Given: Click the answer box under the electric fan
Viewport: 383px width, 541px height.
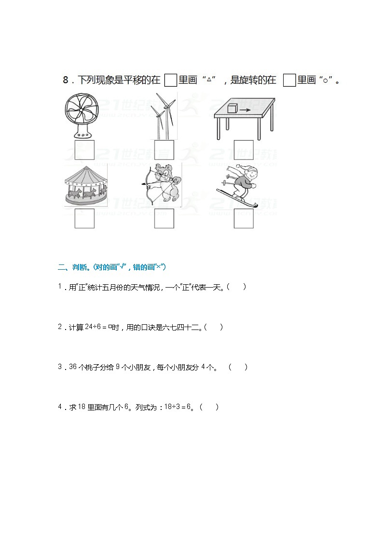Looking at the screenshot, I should (x=84, y=149).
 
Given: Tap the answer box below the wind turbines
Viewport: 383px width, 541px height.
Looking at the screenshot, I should (x=164, y=149).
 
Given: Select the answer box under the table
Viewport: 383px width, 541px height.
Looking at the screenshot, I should (x=244, y=149).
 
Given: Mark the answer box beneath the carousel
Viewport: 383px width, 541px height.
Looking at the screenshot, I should (x=84, y=219).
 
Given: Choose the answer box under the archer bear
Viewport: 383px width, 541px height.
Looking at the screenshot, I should (x=164, y=219).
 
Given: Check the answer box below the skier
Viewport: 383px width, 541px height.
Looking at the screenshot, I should (x=244, y=219).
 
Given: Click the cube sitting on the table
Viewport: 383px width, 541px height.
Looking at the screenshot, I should (x=233, y=108).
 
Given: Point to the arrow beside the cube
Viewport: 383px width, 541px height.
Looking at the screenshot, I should (x=246, y=110).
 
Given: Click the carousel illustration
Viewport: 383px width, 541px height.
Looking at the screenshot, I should (x=86, y=185).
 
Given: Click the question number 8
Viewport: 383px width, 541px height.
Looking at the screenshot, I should (x=66, y=80).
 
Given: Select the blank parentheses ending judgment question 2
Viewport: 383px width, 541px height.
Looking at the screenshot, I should (x=214, y=328).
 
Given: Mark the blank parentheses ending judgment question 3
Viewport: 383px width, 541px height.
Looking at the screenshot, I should (x=238, y=367).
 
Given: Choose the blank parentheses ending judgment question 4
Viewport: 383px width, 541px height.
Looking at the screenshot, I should (x=209, y=407).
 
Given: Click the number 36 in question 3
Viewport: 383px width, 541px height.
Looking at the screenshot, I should (x=73, y=367).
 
